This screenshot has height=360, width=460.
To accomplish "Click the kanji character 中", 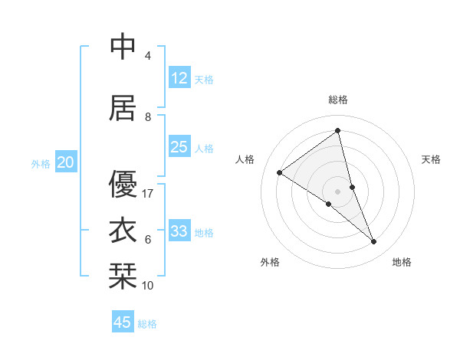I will (123, 47).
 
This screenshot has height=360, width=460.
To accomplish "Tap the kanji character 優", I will (123, 184).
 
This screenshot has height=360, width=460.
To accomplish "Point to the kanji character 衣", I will (123, 231).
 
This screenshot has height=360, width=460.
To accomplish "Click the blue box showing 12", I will (179, 79).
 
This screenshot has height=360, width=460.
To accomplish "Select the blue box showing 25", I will (179, 148).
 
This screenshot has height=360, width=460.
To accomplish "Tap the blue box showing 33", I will (179, 232).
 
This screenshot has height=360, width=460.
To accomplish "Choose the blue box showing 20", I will (66, 162).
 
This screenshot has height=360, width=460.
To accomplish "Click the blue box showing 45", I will (123, 322).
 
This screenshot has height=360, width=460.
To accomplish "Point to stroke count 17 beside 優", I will (148, 194).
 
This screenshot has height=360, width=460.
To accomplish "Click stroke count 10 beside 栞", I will (148, 286).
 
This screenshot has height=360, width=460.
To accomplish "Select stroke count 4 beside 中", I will (148, 56).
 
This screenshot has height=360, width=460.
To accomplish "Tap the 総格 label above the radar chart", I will (338, 100).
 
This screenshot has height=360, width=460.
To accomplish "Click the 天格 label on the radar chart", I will (431, 159).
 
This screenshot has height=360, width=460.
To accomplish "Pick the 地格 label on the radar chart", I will (402, 262).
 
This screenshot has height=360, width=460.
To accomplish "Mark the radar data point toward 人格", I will (280, 172).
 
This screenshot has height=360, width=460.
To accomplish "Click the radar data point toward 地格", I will (374, 242).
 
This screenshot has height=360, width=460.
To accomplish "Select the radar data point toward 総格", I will (338, 131).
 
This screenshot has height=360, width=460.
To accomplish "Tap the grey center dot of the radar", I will (338, 191).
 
